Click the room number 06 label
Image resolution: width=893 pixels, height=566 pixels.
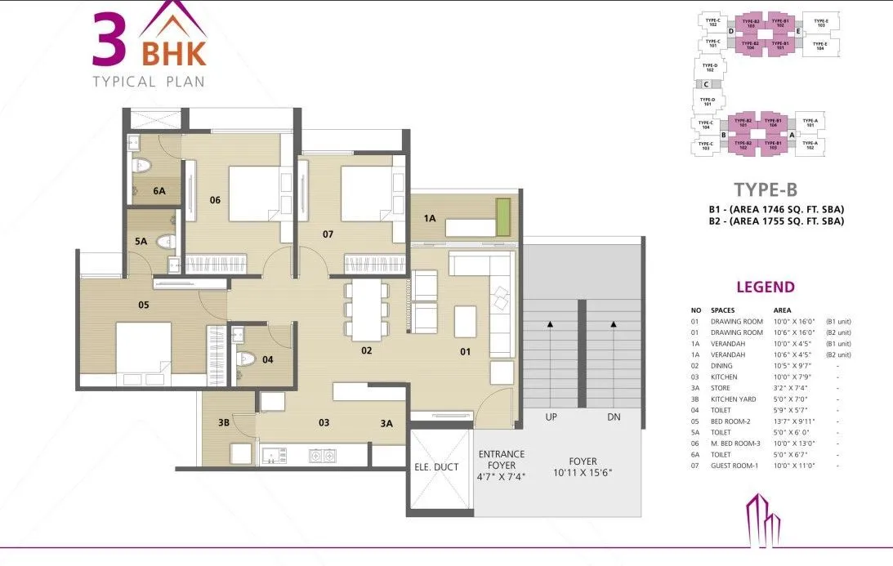pos(215,199)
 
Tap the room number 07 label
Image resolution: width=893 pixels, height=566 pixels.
pos(328,235)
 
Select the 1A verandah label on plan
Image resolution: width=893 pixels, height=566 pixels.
pos(429,218)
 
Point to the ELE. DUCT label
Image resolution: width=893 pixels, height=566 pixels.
pos(436,467)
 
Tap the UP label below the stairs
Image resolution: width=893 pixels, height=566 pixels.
pos(551,417)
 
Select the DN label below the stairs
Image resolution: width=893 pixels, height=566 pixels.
pos(614,417)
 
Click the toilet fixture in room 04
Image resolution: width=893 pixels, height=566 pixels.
pos(246,359)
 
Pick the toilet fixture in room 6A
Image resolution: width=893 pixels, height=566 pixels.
pos(143,166)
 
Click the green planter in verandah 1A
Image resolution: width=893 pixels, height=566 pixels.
pos(503,216)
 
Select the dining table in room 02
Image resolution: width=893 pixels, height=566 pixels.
pos(365,310)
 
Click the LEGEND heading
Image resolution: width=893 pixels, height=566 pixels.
pos(765,287)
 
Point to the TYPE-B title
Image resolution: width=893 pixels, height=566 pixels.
pos(765,189)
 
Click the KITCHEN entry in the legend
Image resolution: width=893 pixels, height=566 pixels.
pos(724,377)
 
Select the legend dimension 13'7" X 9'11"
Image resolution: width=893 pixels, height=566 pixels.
pos(790,421)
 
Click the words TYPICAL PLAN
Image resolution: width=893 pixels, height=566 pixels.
pos(148,81)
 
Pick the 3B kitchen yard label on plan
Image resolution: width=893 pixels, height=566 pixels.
pos(223,423)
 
